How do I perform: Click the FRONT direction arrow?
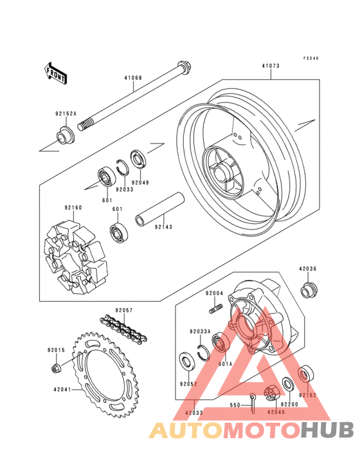(55, 73)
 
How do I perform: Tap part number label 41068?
(133, 78)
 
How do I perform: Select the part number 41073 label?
(270, 66)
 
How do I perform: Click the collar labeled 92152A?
(66, 136)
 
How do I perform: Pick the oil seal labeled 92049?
(138, 158)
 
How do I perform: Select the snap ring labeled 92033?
(123, 167)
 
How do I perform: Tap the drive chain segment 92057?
(123, 328)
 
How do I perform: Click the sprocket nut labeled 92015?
(56, 367)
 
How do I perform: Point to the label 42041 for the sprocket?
(62, 389)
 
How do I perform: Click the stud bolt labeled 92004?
(216, 309)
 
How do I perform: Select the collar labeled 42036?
(309, 290)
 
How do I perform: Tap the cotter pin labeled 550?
(253, 403)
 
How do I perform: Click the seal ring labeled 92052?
(187, 361)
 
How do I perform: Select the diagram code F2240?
(310, 59)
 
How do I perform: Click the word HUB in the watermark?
(328, 430)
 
